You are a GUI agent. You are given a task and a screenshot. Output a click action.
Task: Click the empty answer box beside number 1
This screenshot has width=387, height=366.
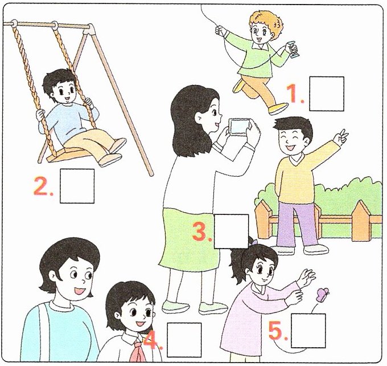[327, 93]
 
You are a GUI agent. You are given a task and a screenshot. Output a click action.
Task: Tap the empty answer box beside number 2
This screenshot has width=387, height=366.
[77, 186]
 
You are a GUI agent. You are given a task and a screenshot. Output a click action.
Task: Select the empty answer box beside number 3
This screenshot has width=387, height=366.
[231, 231]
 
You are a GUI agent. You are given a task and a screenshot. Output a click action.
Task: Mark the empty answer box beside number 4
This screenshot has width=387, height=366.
[184, 340]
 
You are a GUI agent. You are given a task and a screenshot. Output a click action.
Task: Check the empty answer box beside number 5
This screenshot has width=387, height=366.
[308, 331]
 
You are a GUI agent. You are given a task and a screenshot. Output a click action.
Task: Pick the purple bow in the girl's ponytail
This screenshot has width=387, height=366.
[254, 241]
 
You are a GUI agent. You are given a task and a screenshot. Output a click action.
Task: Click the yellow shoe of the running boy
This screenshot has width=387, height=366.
[278, 108]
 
